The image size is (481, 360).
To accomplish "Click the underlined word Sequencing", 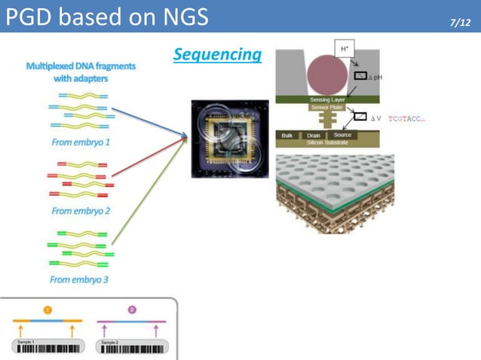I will coord(217,54).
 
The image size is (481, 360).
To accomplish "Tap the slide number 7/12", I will coord(459,24).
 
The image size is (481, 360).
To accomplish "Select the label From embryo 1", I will coord(81,142).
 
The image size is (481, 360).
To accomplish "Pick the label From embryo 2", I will coord(81,211).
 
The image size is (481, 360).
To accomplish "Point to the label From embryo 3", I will coord(81,279).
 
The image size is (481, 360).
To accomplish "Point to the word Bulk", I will coord(286,136).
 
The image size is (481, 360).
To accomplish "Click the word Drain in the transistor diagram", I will coord(314,136).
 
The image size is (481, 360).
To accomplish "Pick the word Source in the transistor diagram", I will coord(343,136).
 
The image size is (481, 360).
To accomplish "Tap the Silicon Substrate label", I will coord(325,142).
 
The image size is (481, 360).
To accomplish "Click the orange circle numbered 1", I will coord(47,310).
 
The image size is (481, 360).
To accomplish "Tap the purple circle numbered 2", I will coord(132,310).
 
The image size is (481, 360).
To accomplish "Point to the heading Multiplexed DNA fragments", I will coord(81,72).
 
